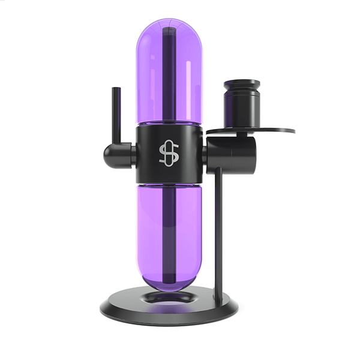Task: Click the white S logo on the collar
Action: point(169,154)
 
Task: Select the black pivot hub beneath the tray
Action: point(232,155)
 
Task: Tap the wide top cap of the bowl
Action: point(241,84)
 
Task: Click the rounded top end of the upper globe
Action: point(169,24)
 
